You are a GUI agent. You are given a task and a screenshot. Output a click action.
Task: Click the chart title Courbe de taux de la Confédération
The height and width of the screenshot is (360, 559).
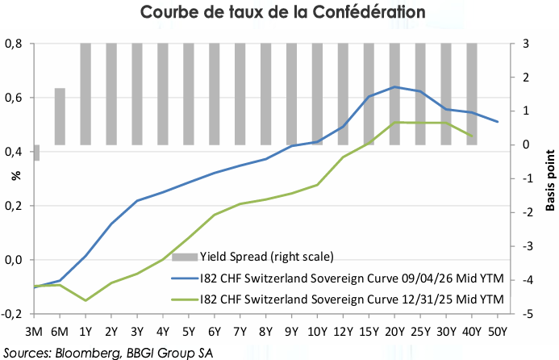pos(282,12)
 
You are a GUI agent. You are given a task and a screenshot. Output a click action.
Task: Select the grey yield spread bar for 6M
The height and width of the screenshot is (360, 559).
pos(60,116)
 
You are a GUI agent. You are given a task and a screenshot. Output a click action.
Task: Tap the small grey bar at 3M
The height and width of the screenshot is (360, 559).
pos(36,153)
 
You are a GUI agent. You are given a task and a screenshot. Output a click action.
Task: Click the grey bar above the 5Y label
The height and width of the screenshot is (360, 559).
pos(189,94)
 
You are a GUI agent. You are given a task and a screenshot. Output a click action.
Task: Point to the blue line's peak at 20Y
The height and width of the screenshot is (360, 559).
pos(394,86)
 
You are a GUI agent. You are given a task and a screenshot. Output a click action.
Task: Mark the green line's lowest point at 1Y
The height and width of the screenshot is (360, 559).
pos(86,300)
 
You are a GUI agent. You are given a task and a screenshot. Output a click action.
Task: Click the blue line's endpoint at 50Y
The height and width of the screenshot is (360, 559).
pos(498,122)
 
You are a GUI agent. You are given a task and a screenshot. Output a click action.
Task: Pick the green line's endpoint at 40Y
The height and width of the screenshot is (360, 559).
pos(472,136)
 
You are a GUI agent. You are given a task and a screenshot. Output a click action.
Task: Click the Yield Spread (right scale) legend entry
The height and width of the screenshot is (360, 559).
pos(252,257)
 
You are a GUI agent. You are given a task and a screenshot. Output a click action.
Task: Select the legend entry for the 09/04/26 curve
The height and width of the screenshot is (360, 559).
pos(338,278)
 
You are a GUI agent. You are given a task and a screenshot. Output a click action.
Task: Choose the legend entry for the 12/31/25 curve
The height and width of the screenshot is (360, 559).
pos(338,299)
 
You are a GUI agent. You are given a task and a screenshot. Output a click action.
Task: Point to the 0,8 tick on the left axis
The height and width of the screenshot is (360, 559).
pos(13,44)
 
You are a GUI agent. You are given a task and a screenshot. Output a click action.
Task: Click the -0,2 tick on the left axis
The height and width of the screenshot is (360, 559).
pos(11,314)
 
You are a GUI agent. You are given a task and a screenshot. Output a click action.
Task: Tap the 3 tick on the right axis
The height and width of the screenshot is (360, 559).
pos(526,44)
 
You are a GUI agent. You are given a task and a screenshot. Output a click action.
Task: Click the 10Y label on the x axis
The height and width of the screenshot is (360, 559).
pos(317,332)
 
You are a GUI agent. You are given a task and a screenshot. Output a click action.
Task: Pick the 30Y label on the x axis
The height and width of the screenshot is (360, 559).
pos(446,332)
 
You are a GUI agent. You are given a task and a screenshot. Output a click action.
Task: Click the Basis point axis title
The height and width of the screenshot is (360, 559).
pos(550,180)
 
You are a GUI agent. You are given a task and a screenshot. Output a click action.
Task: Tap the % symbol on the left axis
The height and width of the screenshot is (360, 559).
pos(16,175)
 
